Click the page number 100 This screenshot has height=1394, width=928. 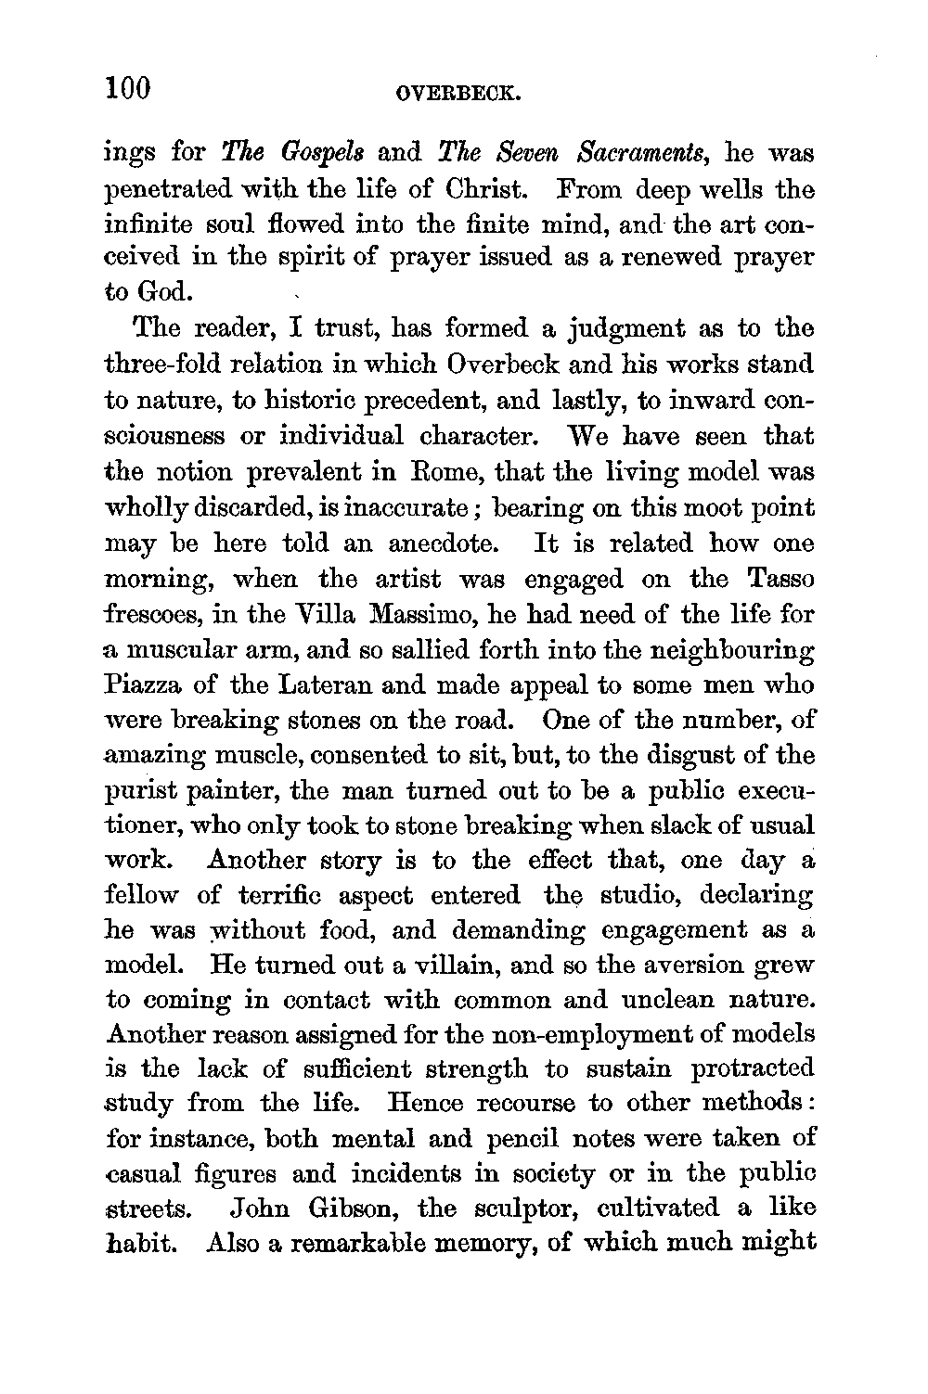pos(128,89)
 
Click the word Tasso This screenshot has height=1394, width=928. pos(781,579)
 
